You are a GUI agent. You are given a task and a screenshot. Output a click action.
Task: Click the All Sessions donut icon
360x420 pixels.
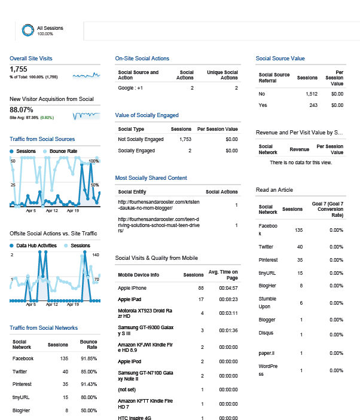coord(28,30)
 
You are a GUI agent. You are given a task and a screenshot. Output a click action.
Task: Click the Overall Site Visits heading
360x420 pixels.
coord(31,59)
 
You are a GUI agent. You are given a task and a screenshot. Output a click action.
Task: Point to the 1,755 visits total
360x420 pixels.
coord(19,69)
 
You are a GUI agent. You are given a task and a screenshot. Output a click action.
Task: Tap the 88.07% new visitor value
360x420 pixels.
coord(22,110)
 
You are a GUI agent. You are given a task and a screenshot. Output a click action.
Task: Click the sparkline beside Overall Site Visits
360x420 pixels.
coord(86,75)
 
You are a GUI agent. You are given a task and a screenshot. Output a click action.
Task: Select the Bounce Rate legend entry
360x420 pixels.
coord(60,151)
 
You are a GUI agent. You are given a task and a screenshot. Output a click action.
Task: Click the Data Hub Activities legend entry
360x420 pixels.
coord(33,246)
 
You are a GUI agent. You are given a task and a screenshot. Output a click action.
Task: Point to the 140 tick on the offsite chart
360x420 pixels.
coord(96,255)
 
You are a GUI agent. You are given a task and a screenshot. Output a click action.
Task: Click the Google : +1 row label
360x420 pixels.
coord(130,88)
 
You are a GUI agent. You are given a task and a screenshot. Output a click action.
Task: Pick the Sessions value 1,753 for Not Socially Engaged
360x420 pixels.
coord(185,139)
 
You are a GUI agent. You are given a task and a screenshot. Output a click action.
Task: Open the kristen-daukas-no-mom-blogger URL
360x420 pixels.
coord(158,205)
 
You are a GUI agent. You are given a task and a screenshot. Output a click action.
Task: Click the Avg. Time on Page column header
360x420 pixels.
coord(223,275)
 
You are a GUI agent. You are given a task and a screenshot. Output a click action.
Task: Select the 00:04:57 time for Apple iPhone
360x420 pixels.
coord(228,288)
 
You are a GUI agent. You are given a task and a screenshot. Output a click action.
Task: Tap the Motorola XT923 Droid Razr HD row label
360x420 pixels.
coord(145,314)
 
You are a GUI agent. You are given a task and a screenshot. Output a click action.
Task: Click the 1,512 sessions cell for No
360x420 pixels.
coord(312,94)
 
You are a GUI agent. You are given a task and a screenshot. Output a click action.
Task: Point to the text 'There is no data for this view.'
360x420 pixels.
coord(301,163)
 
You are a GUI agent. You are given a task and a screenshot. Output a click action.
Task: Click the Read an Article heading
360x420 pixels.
coord(274,190)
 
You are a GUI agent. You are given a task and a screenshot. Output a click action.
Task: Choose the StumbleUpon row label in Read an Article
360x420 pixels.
coord(267,303)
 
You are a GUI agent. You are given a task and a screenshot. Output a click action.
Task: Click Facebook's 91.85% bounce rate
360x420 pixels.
coord(89,358)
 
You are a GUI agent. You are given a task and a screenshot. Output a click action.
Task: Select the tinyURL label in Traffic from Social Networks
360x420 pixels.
coord(21,397)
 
